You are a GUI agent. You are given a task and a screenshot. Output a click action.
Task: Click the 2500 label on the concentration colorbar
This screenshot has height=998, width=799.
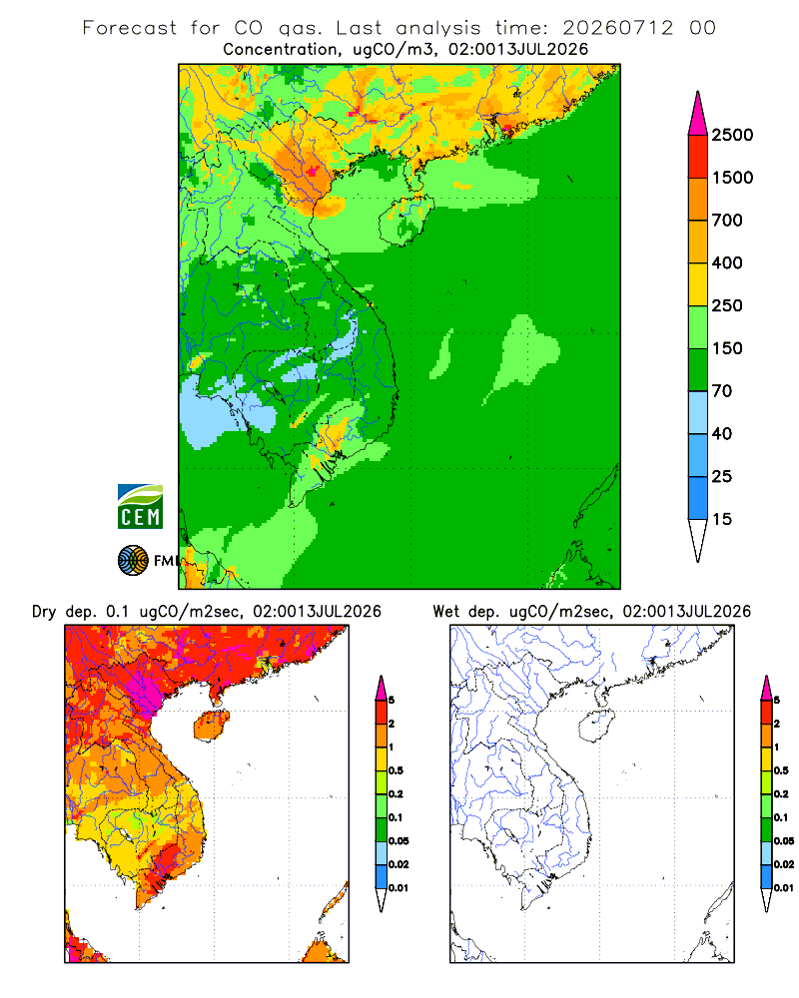pos(732,135)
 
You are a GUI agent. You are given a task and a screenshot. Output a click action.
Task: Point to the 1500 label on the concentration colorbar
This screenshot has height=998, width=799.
pos(732,178)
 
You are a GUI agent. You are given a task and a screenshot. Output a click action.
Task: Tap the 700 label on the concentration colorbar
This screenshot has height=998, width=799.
pos(727,221)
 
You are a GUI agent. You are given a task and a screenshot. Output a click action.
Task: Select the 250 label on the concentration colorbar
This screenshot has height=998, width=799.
pos(727,305)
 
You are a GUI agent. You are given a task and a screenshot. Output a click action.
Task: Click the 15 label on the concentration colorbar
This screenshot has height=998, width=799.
pos(722,519)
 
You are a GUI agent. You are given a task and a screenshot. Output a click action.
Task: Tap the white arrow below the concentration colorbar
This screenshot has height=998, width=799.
pos(698,540)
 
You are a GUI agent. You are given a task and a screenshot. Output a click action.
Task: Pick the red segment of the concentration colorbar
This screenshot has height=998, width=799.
pos(698,156)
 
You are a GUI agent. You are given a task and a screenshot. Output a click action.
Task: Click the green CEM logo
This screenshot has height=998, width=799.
pos(140,507)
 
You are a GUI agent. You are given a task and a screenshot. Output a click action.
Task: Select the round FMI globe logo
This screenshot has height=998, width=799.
pos(133,561)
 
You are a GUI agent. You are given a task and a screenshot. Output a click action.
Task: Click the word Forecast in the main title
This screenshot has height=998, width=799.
pos(130,28)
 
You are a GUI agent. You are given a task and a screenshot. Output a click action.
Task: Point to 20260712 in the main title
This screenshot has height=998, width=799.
pos(617,28)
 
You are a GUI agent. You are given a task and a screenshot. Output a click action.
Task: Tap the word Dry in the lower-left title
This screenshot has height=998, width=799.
pos(44,612)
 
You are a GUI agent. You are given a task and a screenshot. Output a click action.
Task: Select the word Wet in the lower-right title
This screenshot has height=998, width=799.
pos(446,612)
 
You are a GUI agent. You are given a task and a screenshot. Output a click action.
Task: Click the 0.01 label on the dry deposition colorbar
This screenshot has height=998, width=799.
pos(399,888)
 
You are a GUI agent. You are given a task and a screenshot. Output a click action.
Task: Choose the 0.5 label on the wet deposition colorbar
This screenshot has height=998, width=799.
pos(781,770)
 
